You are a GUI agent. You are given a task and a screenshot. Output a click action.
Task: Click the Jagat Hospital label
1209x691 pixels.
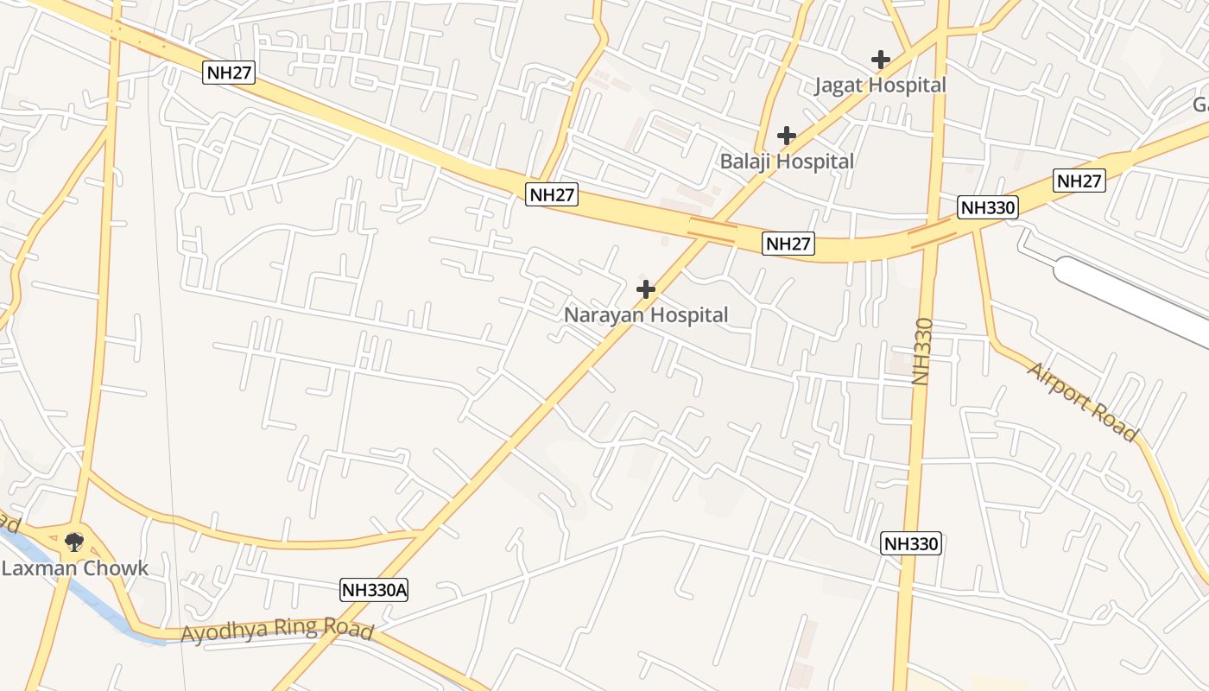tap(880, 86)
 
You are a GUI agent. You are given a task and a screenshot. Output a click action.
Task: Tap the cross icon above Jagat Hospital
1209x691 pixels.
tap(880, 60)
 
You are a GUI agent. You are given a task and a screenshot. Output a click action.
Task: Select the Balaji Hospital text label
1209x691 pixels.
tap(787, 162)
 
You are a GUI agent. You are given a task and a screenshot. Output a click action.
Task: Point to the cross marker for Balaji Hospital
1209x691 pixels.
tap(786, 136)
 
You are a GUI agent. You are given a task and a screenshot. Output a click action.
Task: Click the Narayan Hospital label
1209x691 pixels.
tap(646, 315)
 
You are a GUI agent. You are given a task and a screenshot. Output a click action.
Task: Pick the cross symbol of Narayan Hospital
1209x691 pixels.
tap(645, 289)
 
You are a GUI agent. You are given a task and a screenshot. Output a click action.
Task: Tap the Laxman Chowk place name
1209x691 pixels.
tap(75, 568)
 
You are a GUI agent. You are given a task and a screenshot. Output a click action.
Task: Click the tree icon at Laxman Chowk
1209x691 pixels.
tap(74, 542)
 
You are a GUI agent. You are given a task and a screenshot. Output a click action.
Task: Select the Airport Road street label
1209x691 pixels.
tap(1082, 402)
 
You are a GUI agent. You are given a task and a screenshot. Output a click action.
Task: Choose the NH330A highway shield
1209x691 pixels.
tap(374, 590)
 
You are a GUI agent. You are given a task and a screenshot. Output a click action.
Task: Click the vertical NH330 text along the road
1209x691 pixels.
tap(923, 352)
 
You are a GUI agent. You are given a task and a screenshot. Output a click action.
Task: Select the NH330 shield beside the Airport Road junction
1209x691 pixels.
tap(988, 207)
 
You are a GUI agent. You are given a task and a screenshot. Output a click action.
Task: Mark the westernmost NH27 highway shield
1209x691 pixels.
tap(230, 73)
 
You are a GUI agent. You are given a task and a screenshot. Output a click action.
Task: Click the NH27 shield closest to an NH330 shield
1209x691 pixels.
tap(1079, 181)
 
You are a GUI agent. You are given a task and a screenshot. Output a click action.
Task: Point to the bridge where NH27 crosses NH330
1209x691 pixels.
tap(932, 233)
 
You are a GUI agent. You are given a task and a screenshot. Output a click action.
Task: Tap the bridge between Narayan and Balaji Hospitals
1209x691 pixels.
tap(712, 230)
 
